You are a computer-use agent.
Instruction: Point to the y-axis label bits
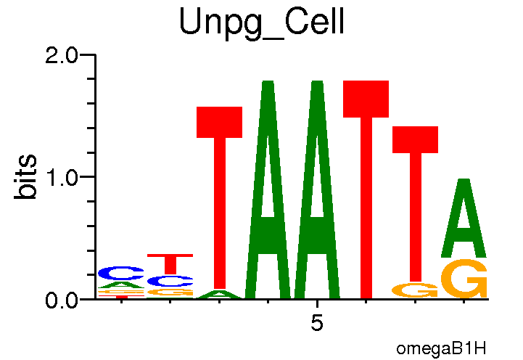[27, 177]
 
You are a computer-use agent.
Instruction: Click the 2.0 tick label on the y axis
[65, 55]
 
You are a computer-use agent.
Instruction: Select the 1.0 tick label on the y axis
[65, 177]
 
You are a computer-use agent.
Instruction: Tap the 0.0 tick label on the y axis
[65, 299]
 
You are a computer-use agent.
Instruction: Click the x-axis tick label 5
[317, 323]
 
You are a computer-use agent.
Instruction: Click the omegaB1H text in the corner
[441, 348]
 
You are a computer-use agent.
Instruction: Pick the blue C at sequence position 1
[121, 273]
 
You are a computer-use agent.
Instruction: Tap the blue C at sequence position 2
[170, 281]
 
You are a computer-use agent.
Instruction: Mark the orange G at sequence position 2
[170, 292]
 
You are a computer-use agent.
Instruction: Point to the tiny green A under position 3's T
[219, 295]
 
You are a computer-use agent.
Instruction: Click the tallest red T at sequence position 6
[366, 189]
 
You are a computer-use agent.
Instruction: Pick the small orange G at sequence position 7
[415, 290]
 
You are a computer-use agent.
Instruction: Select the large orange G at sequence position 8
[464, 279]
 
